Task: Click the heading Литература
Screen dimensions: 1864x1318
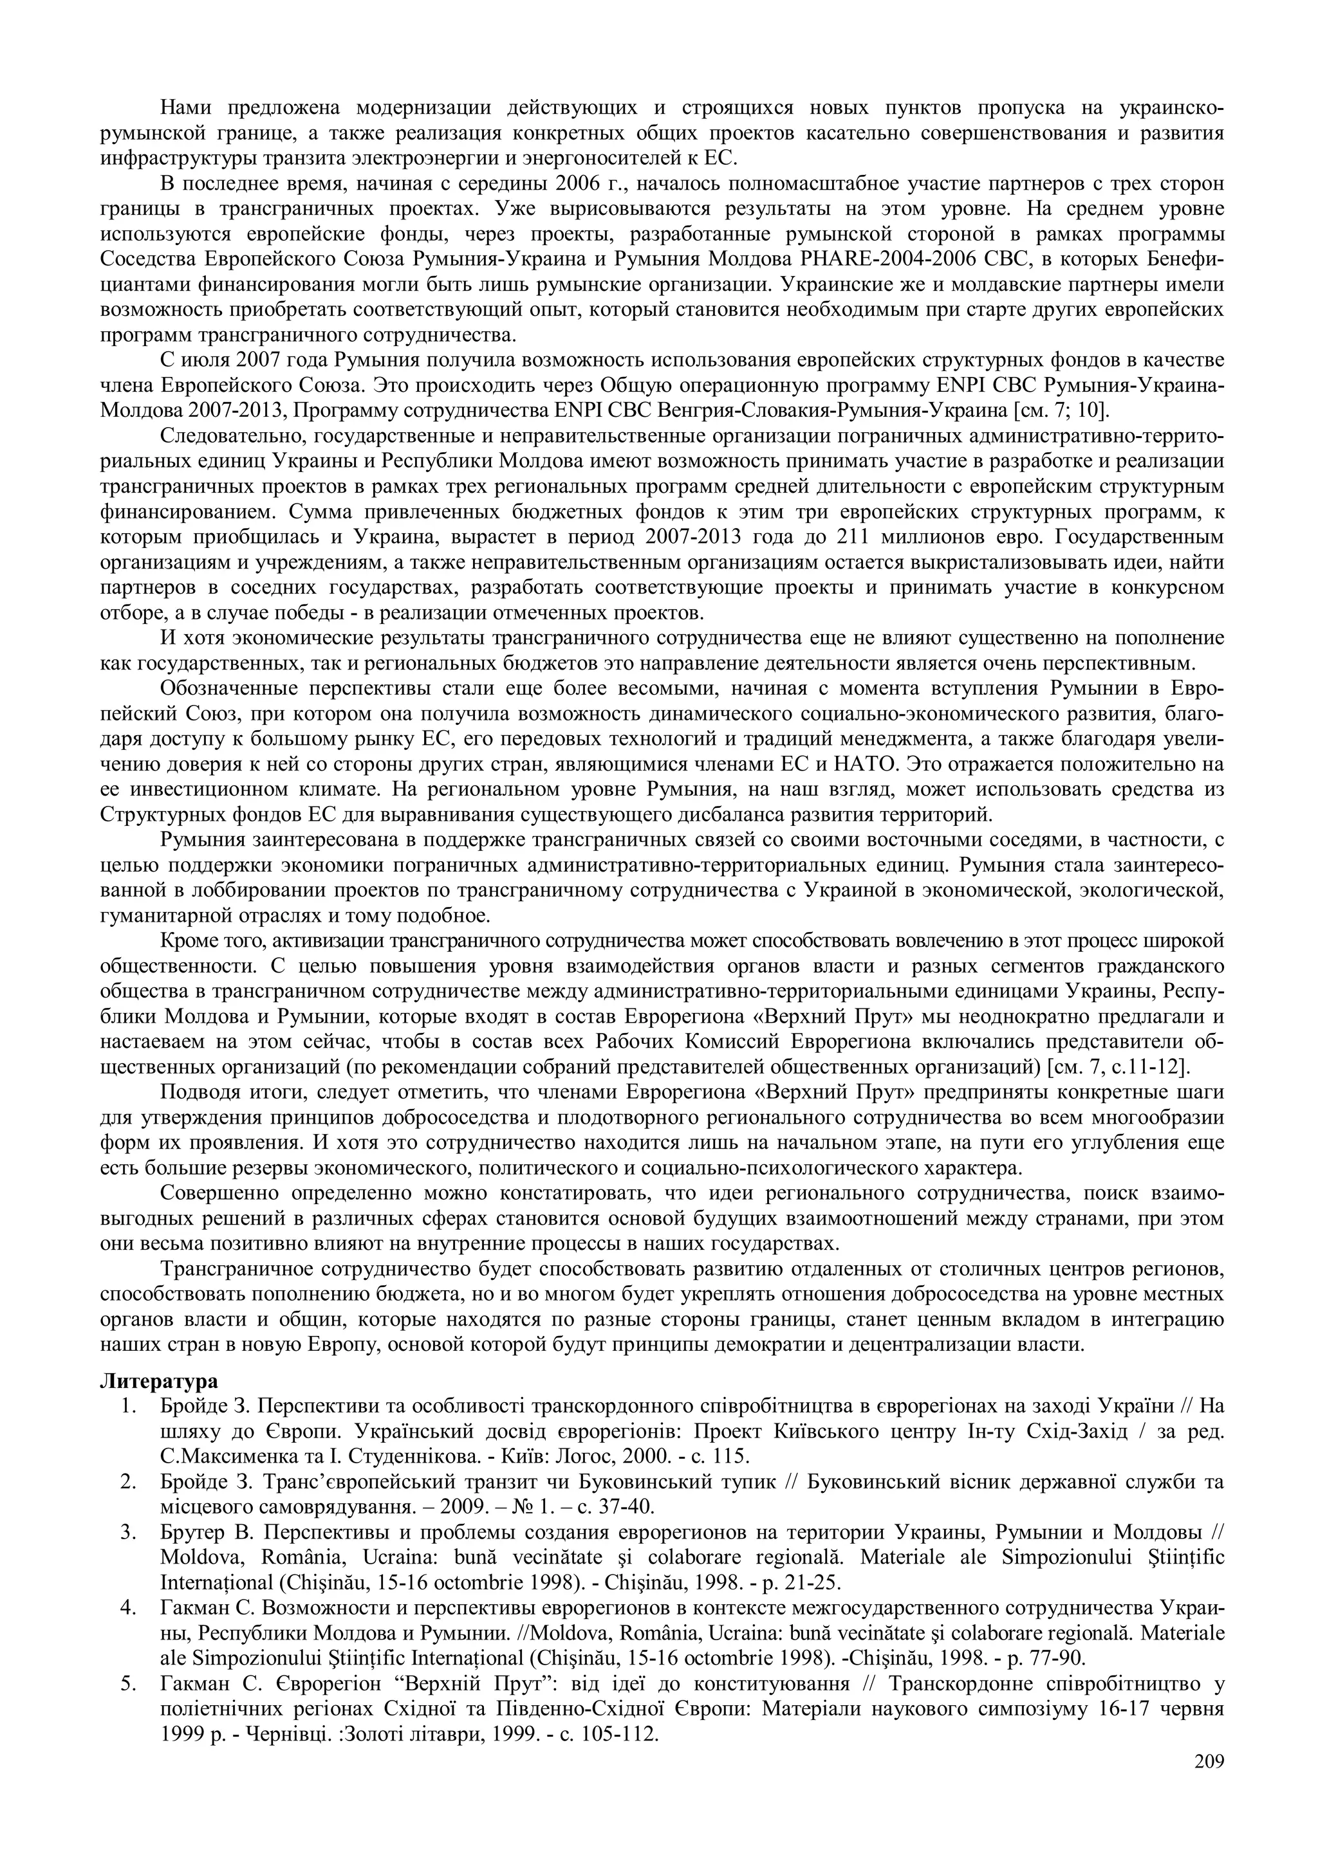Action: (x=158, y=1380)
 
